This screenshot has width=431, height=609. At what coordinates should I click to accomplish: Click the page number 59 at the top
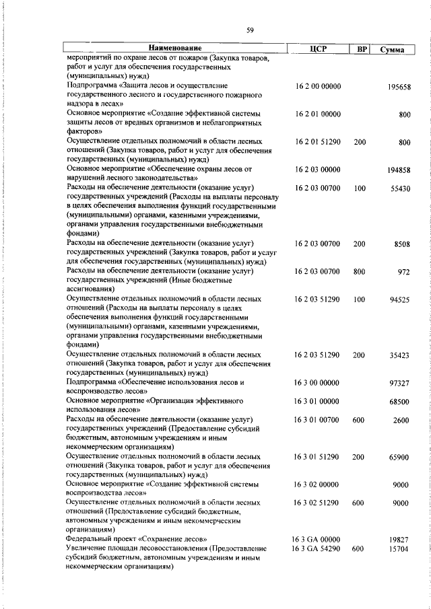pos(250,30)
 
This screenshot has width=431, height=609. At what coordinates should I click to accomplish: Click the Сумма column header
pos(391,49)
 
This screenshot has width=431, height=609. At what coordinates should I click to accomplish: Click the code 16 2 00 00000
pos(318,87)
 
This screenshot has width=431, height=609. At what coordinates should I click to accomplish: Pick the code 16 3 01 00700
pos(318,420)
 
